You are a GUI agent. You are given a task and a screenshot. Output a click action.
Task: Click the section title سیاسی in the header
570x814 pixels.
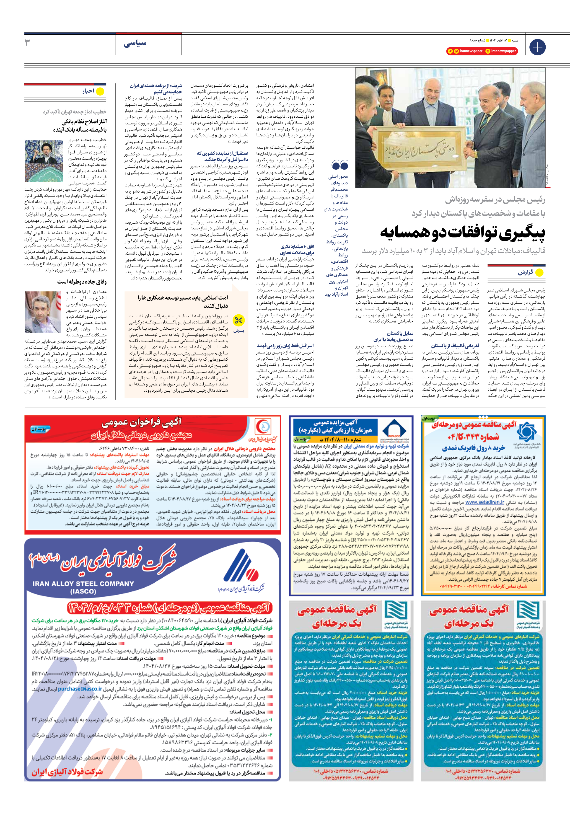point(135,43)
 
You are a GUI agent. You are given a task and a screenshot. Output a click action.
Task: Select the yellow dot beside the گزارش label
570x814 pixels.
point(539,272)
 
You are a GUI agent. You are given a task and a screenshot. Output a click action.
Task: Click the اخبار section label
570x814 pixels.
point(88,91)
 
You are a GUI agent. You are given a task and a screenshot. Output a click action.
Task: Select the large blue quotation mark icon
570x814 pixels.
point(339,165)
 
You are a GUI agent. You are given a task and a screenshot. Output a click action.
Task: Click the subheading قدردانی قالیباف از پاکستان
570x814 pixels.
point(455,346)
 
